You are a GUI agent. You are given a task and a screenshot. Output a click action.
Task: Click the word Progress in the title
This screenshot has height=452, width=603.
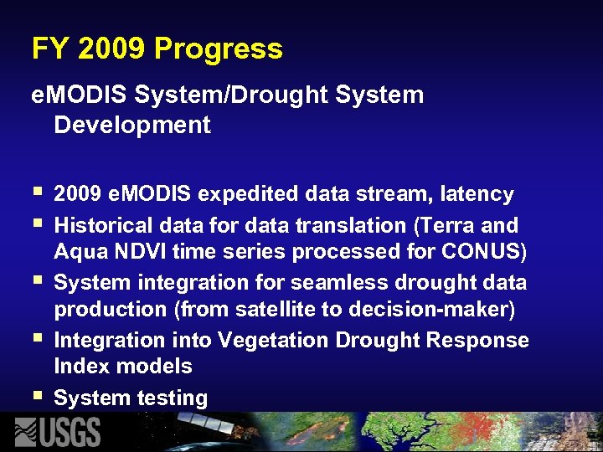click(219, 49)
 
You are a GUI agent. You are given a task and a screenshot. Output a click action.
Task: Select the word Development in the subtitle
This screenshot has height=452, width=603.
click(132, 126)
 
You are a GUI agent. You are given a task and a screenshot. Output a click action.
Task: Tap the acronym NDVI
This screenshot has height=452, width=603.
click(132, 251)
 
